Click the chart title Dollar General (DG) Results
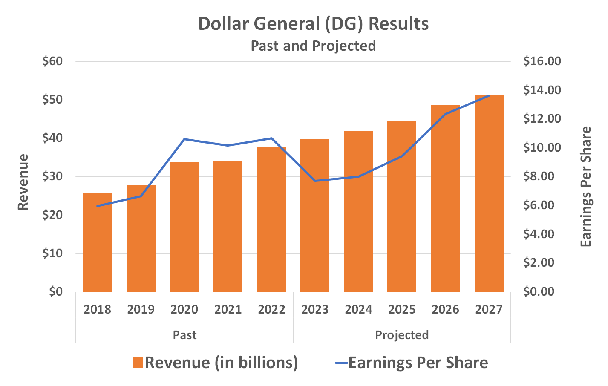coord(313,24)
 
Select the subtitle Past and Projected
coord(313,46)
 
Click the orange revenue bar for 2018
coord(98,243)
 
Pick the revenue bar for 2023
coord(315,216)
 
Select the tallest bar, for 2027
coord(489,194)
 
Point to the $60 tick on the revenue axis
coord(52,61)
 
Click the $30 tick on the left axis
coord(52,176)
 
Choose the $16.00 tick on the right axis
coord(542,61)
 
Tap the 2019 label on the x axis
coord(141,309)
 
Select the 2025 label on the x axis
coord(402,309)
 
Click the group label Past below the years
coord(184,335)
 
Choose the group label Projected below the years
coord(402,335)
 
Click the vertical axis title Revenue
coord(23,182)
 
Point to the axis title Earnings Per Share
coord(586,187)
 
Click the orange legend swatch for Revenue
coord(137,363)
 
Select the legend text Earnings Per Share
coord(418,363)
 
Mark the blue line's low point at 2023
coord(315,181)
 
